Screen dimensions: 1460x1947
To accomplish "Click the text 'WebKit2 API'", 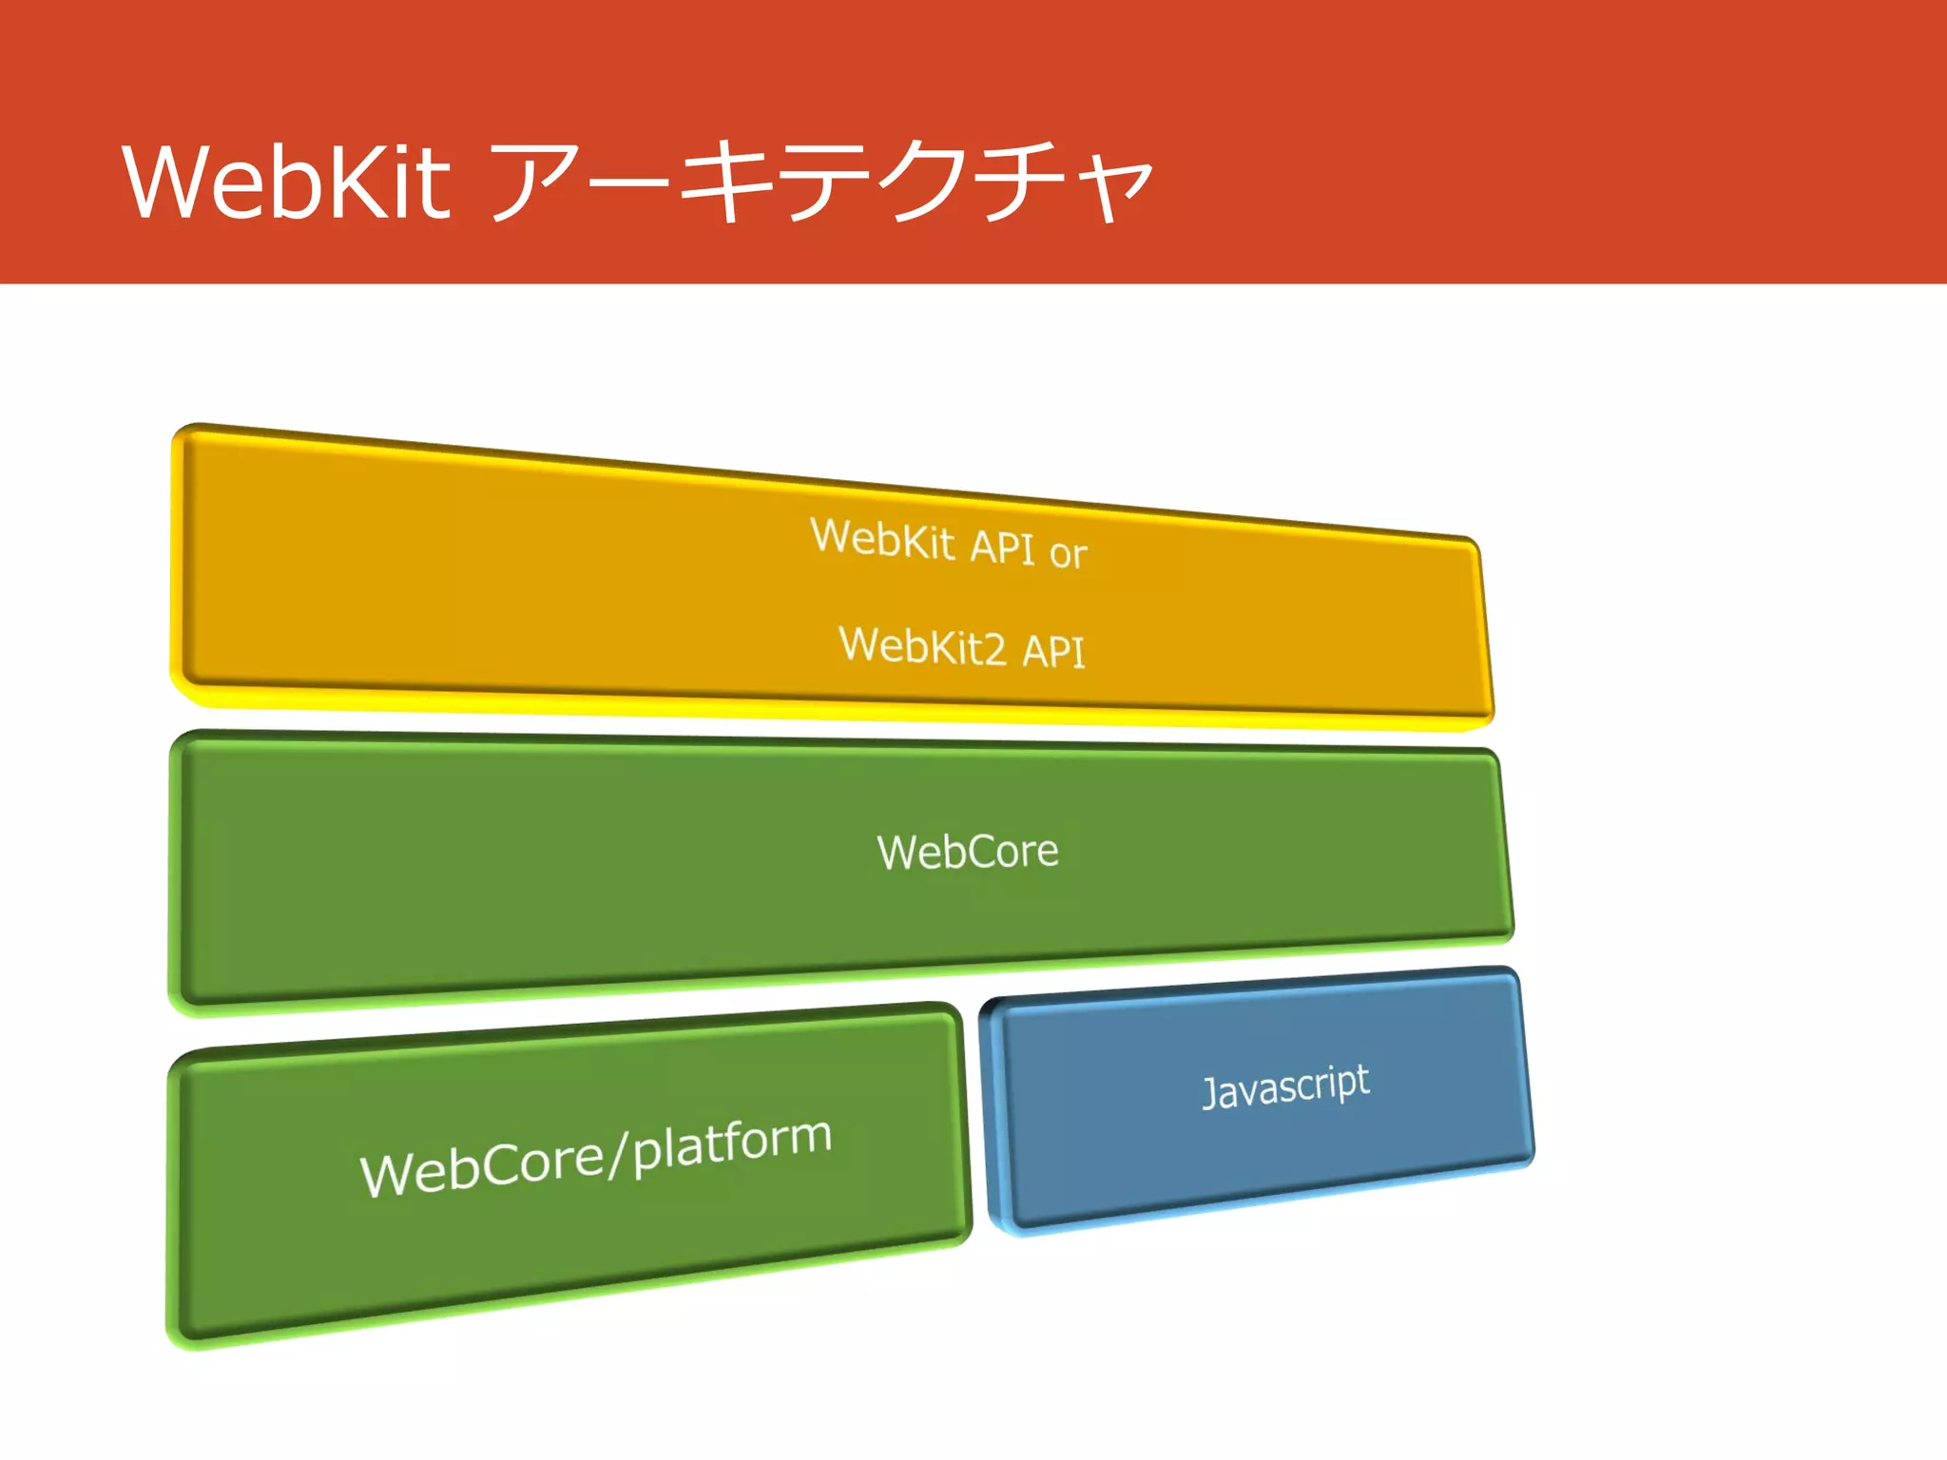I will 961,647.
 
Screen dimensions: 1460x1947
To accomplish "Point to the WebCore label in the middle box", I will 967,851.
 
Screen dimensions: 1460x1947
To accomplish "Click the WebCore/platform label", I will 596,1156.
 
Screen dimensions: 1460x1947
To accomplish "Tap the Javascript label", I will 1285,1085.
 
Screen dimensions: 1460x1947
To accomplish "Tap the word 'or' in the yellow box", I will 1068,553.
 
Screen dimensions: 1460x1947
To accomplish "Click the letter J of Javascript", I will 1210,1093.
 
